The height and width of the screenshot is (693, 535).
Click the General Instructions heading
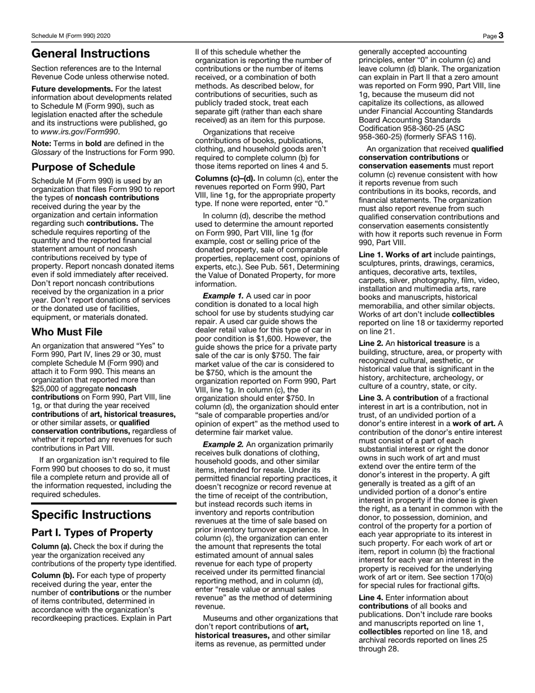tap(91, 54)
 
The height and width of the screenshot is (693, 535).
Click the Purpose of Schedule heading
tap(83, 167)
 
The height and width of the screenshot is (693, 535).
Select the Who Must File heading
tap(67, 332)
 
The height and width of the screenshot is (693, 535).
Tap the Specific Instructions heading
tap(91, 514)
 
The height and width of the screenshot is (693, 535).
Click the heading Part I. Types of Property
tap(92, 532)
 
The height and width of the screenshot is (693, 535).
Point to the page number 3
tap(500, 35)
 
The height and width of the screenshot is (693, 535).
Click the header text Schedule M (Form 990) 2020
tap(71, 36)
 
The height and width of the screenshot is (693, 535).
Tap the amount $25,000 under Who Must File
tap(48, 389)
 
